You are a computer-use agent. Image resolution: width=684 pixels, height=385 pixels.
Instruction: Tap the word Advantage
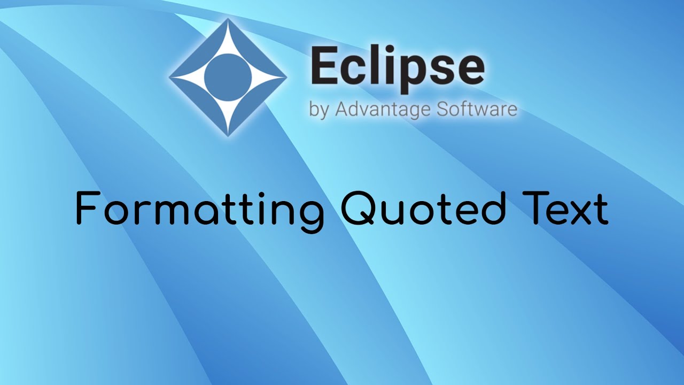382,110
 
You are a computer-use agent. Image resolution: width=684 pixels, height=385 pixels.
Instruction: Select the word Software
477,109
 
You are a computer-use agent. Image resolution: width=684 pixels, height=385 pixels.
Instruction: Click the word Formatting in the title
199,210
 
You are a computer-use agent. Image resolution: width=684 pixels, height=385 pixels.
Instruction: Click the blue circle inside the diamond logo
228,78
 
